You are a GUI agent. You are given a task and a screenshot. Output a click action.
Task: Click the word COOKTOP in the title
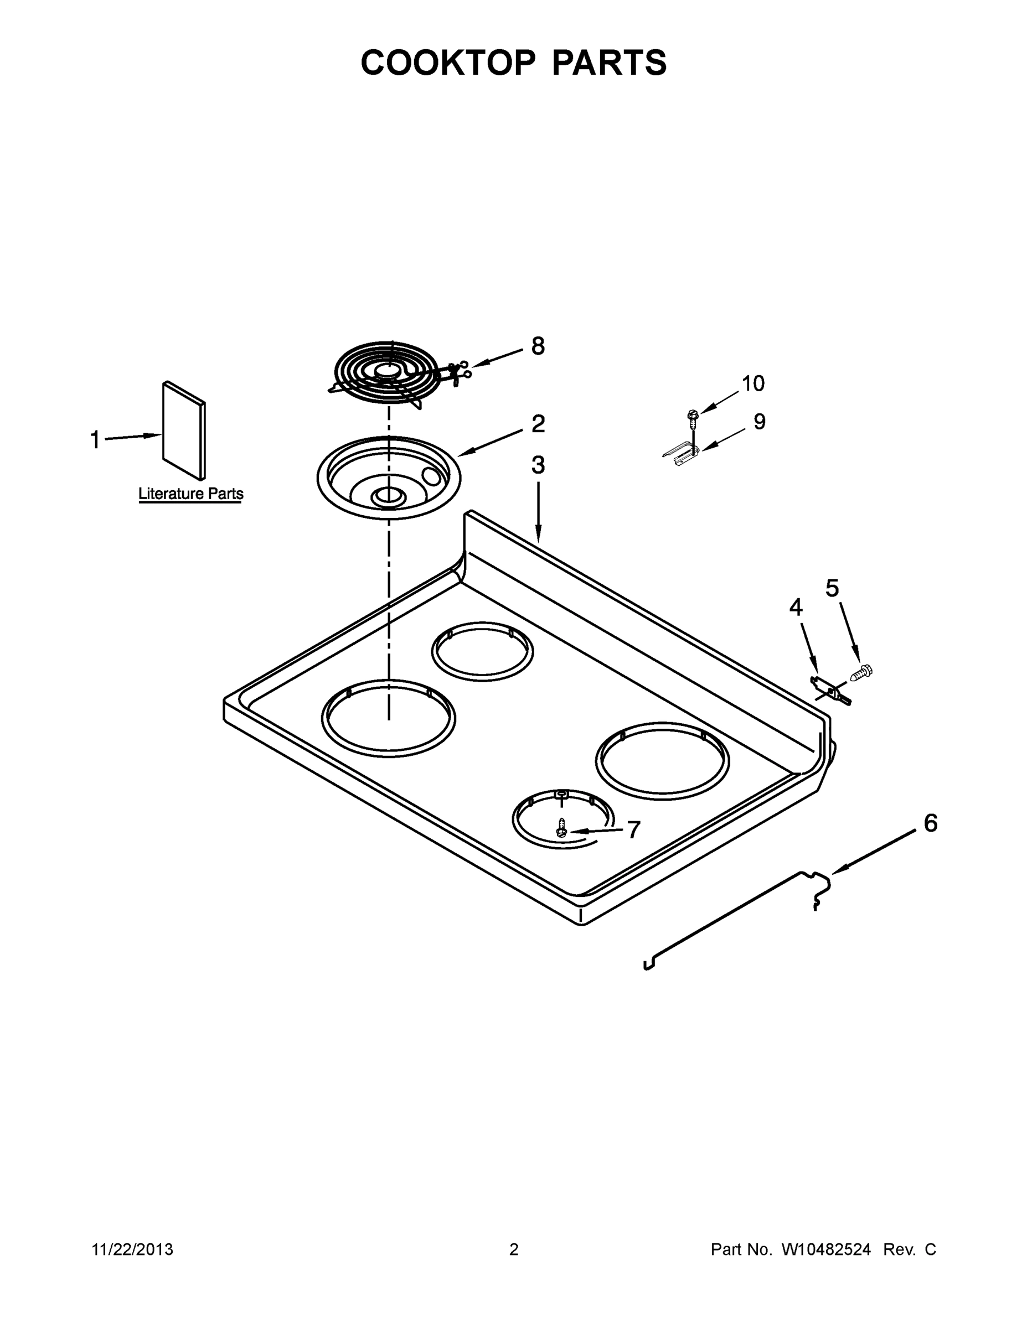(x=448, y=63)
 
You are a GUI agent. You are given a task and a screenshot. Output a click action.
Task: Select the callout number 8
(x=538, y=346)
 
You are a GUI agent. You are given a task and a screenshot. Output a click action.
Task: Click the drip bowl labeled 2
(x=389, y=478)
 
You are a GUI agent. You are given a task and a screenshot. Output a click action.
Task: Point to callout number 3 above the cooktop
(x=538, y=465)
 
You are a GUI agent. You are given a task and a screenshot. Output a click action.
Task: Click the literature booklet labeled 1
(x=184, y=430)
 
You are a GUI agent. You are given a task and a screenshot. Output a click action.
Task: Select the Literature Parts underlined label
(x=191, y=494)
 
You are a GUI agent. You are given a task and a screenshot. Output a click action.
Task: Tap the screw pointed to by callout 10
(x=691, y=416)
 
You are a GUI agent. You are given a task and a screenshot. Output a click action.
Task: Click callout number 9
(x=759, y=422)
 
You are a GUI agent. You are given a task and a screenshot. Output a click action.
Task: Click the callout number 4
(x=796, y=608)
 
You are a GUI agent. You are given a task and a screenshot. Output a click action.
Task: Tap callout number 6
(x=930, y=823)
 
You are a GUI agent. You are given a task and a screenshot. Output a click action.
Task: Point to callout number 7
(x=633, y=829)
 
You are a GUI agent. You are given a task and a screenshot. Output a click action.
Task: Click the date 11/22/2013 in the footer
(x=133, y=1249)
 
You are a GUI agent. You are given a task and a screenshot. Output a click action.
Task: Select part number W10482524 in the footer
(x=825, y=1249)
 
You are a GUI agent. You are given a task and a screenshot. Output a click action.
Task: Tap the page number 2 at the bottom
(x=514, y=1249)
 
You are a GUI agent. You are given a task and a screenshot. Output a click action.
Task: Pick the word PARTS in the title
(x=609, y=63)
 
